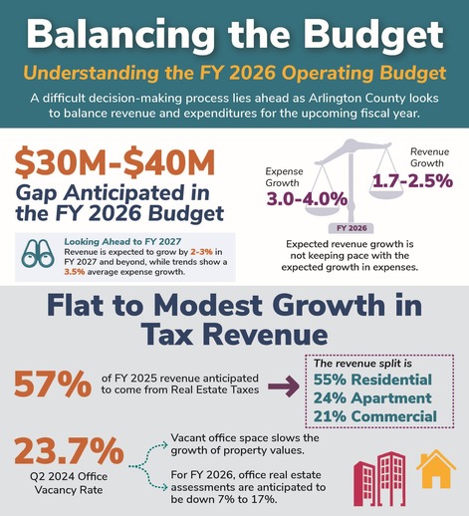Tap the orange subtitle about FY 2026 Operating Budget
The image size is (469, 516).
(x=234, y=75)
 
